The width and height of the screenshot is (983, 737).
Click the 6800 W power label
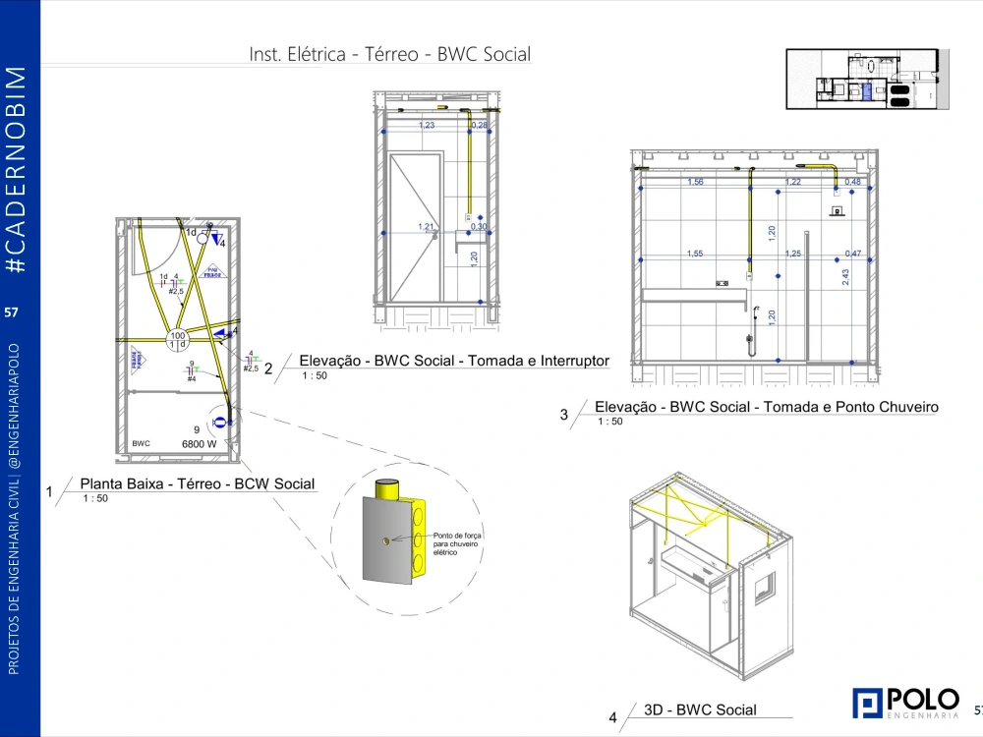click(x=199, y=444)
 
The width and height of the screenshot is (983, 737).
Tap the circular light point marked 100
click(x=178, y=340)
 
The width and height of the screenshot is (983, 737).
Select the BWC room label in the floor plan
click(x=141, y=444)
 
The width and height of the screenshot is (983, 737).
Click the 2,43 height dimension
click(x=845, y=277)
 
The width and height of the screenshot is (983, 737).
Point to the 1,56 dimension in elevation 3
click(x=695, y=182)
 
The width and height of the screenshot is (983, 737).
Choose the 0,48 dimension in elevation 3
click(x=852, y=182)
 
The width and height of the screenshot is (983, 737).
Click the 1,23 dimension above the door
click(x=427, y=126)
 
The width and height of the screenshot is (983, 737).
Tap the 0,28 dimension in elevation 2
click(x=479, y=126)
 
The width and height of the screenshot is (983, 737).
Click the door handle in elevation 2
click(x=436, y=232)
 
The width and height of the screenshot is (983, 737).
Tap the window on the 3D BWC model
click(x=764, y=592)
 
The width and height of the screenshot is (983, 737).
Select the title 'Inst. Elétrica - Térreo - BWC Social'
click(x=389, y=54)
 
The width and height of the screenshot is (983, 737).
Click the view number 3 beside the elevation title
click(x=564, y=415)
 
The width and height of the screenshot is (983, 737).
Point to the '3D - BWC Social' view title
click(x=700, y=709)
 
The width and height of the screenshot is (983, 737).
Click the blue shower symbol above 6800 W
click(x=219, y=422)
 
